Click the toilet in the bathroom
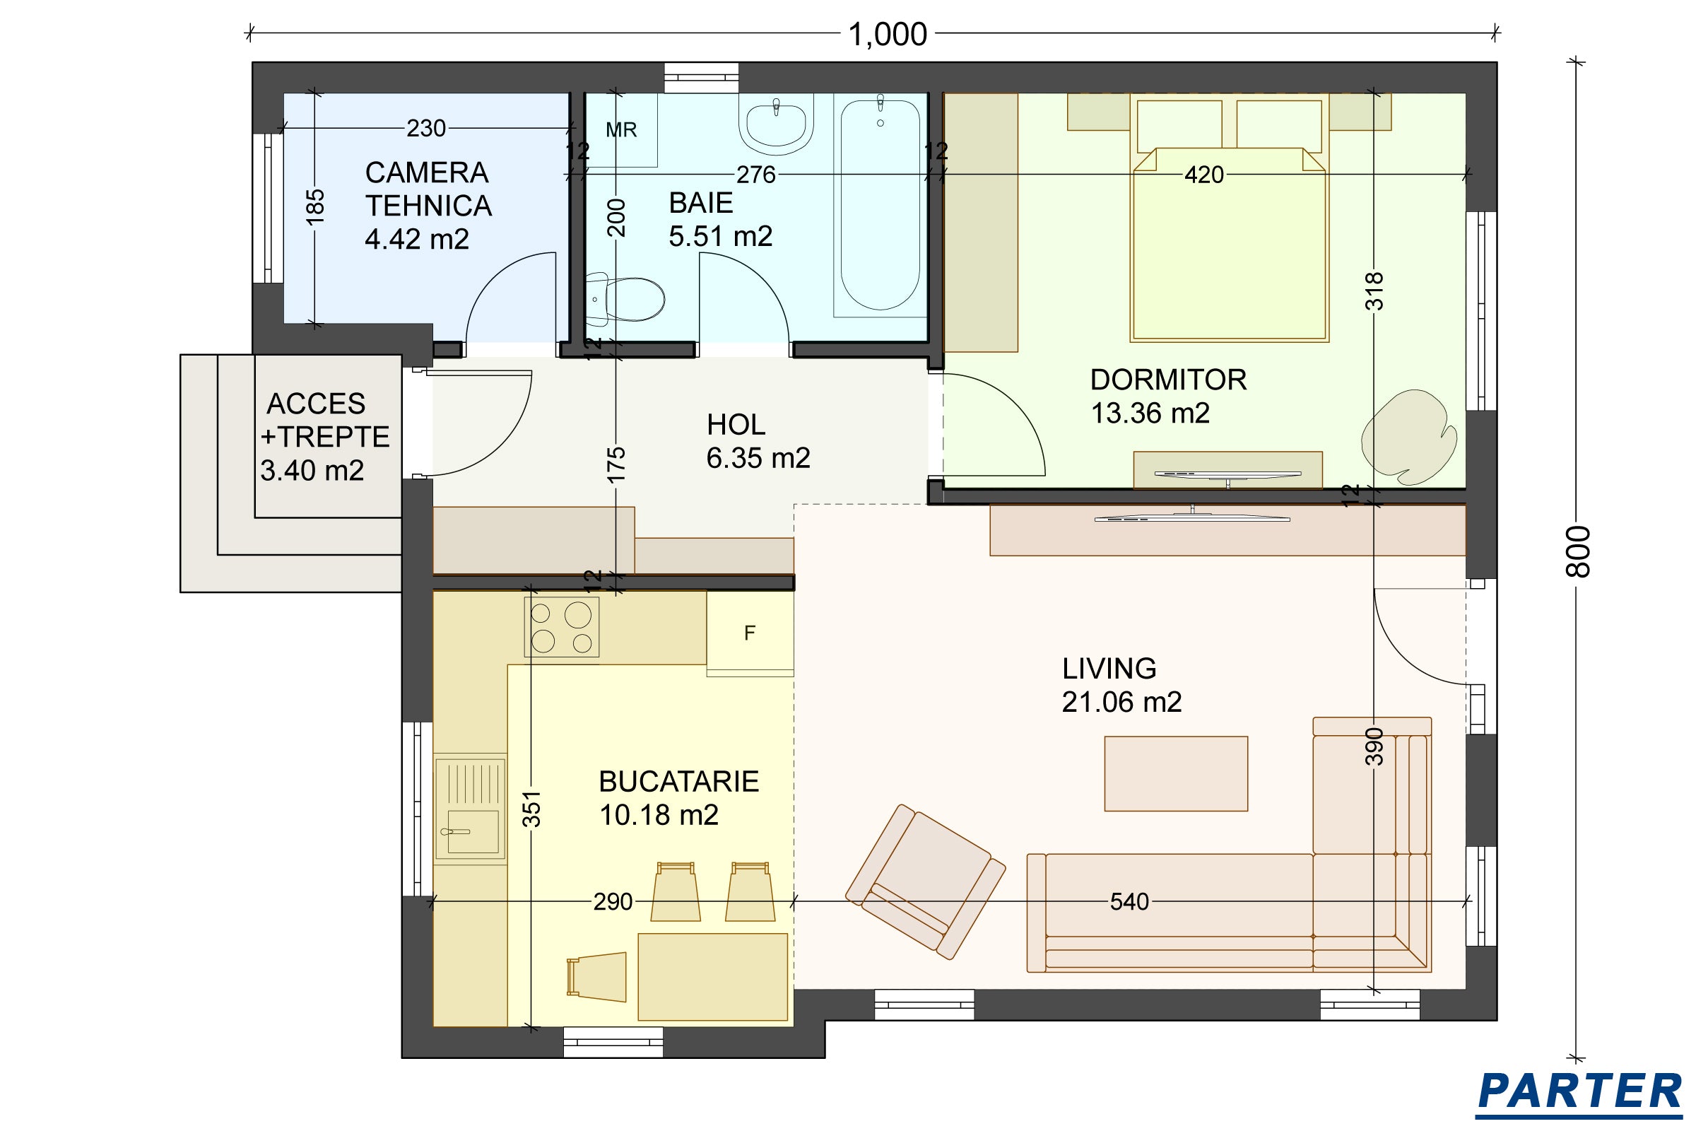[x=625, y=298]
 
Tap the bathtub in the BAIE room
[x=880, y=206]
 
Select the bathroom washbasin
[x=777, y=124]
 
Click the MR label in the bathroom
[x=621, y=130]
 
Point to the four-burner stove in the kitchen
[x=562, y=627]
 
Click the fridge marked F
[x=750, y=633]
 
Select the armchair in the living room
[x=925, y=881]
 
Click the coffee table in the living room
[x=1176, y=774]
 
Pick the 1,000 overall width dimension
[x=888, y=35]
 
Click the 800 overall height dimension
[x=1579, y=552]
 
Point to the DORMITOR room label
[x=1168, y=380]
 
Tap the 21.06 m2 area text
[x=1121, y=702]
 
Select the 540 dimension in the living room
[x=1129, y=902]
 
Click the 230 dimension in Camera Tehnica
[x=426, y=129]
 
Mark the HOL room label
[x=736, y=425]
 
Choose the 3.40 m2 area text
[x=312, y=470]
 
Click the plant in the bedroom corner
[x=1408, y=437]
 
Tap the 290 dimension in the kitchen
[x=613, y=902]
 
